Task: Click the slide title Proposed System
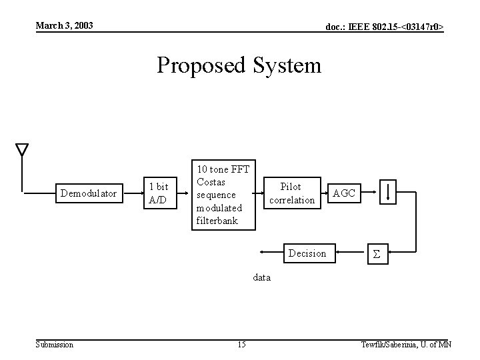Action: pos(239,65)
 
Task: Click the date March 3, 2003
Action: pos(64,26)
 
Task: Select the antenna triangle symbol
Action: pos(22,149)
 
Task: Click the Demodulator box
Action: pos(89,194)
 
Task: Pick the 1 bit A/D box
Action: pos(159,193)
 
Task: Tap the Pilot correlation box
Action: pos(291,193)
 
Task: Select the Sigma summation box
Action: pos(376,254)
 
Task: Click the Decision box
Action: pos(307,253)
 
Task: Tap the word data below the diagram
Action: pos(261,277)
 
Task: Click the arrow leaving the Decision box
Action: pos(270,253)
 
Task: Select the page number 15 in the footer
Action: pos(241,344)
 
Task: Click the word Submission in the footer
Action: pos(55,344)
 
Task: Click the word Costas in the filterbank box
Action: pos(211,182)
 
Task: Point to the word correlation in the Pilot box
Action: pos(291,200)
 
